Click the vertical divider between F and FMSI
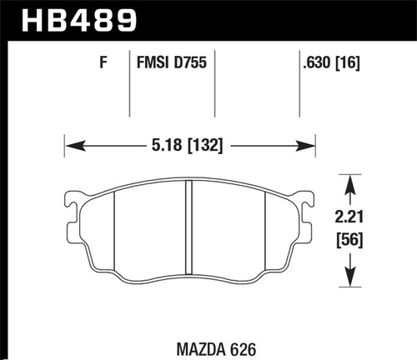pyautogui.click(x=130, y=83)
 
